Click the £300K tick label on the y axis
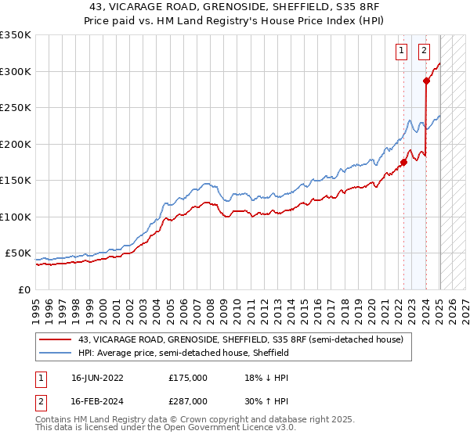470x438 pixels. (16, 71)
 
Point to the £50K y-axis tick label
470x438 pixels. (18, 253)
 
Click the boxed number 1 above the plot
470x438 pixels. (401, 52)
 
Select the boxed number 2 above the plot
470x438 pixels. (424, 52)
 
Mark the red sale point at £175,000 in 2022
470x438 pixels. (404, 163)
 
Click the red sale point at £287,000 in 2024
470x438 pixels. (426, 81)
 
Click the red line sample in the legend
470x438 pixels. (56, 339)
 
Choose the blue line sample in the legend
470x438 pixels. (56, 353)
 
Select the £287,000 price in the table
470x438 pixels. (188, 400)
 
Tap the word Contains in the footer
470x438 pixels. (56, 419)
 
